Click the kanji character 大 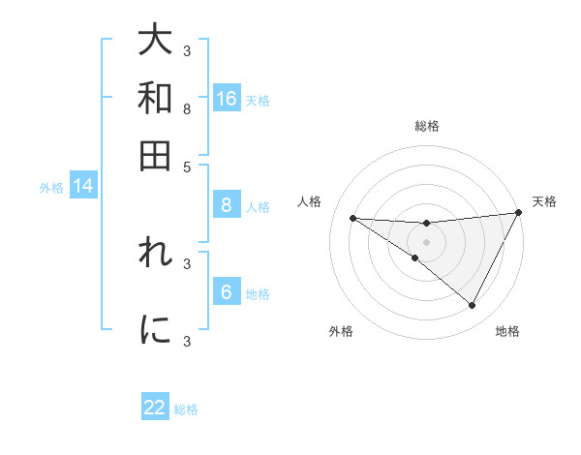(x=155, y=42)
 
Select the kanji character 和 (x=155, y=99)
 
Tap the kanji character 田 (x=155, y=155)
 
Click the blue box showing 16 (x=227, y=99)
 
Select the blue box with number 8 (x=227, y=205)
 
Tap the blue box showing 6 (x=227, y=292)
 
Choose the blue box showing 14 (x=83, y=187)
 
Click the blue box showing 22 (x=155, y=408)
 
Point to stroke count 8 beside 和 (x=187, y=109)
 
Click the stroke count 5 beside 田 (x=187, y=166)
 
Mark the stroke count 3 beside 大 (x=187, y=50)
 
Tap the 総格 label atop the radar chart (x=427, y=126)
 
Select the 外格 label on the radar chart (x=341, y=331)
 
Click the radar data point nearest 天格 (x=519, y=213)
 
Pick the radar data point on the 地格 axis (x=472, y=306)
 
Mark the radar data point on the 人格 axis (x=352, y=218)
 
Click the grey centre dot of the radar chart (x=427, y=241)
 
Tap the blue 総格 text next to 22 (x=186, y=409)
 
